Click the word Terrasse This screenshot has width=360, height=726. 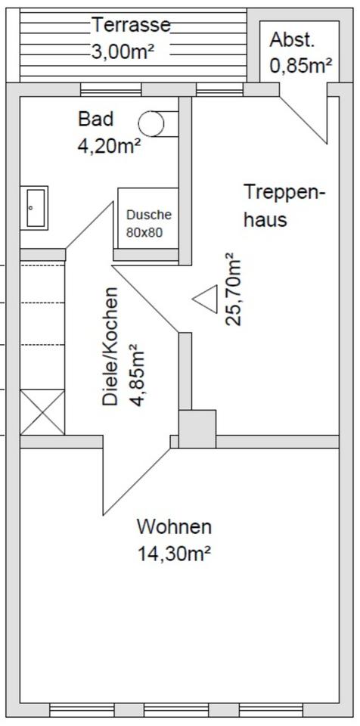(131, 25)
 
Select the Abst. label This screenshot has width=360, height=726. (292, 40)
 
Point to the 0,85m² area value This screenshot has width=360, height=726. (301, 66)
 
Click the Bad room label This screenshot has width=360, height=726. (95, 119)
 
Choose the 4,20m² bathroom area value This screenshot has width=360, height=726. (109, 146)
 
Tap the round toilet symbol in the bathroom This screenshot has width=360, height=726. (151, 122)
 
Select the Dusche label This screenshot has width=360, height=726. (148, 215)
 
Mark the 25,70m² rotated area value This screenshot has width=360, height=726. (234, 290)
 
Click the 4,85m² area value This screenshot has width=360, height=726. (137, 375)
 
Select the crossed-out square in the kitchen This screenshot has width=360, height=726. (42, 412)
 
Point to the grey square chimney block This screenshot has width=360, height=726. (197, 429)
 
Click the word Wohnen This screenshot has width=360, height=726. (174, 526)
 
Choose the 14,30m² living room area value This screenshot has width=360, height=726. (174, 553)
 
